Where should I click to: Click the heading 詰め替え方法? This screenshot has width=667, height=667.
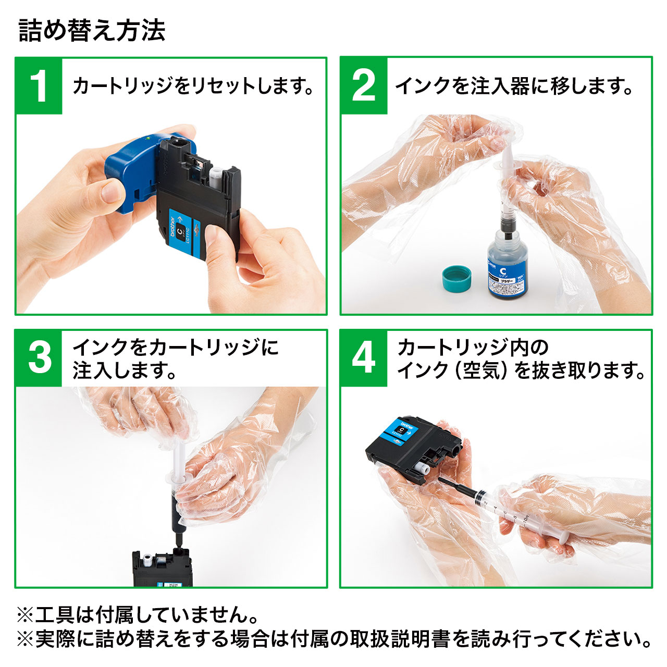pos(92,30)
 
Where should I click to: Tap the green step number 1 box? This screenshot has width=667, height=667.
pos(39,86)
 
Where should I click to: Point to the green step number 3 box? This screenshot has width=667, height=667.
pos(39,358)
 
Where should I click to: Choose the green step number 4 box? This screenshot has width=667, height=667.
pos(364,358)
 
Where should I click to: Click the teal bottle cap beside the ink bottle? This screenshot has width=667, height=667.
pos(456,277)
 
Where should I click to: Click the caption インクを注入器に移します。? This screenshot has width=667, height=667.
pos(514,86)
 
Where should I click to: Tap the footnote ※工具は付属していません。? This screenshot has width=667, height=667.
pos(138,615)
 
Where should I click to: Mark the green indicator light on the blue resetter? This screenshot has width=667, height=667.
pos(148,139)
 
